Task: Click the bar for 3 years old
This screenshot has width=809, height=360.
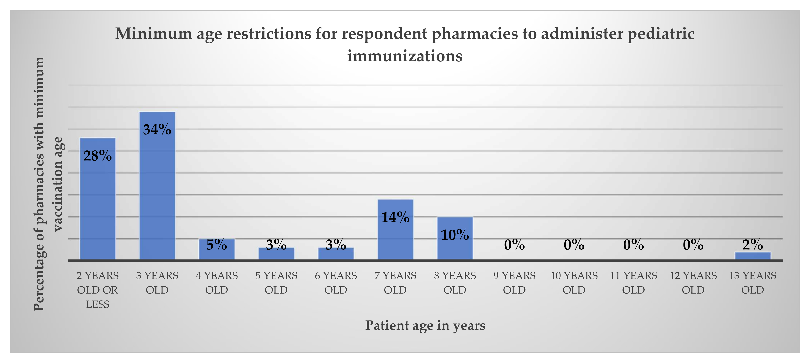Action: pyautogui.click(x=157, y=189)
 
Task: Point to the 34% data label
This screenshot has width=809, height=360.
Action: pyautogui.click(x=157, y=129)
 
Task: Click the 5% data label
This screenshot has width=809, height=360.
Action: pyautogui.click(x=217, y=245)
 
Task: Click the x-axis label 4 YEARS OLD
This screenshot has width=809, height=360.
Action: pyautogui.click(x=217, y=283)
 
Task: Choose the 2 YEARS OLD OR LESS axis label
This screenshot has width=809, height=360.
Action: pyautogui.click(x=97, y=290)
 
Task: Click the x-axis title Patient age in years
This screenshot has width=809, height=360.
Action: pyautogui.click(x=425, y=326)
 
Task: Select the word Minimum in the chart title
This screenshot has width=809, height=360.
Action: pyautogui.click(x=154, y=34)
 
